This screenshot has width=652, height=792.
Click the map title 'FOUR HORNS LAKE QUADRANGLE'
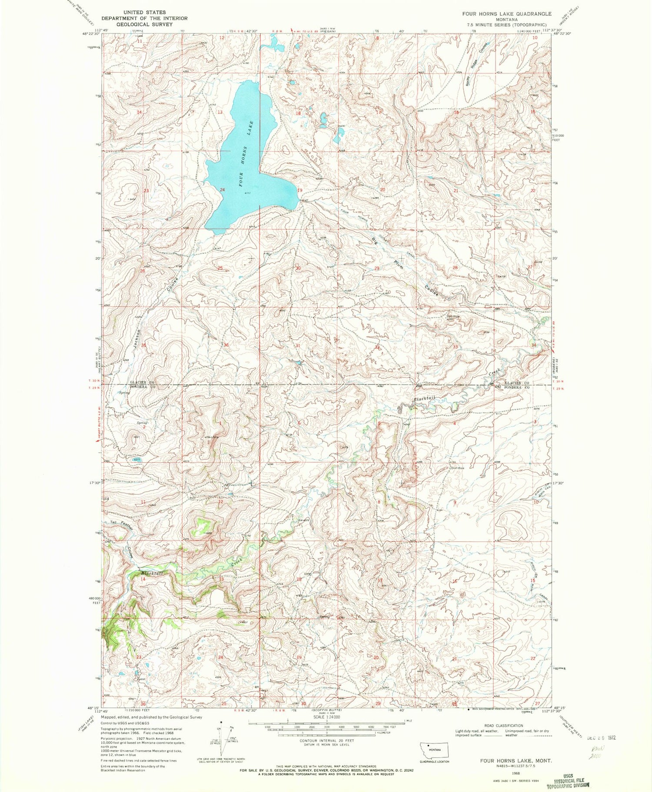[x=500, y=13]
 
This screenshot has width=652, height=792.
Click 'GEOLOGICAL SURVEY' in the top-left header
[x=144, y=24]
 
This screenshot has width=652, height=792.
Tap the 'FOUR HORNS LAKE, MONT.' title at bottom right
[x=516, y=761]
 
